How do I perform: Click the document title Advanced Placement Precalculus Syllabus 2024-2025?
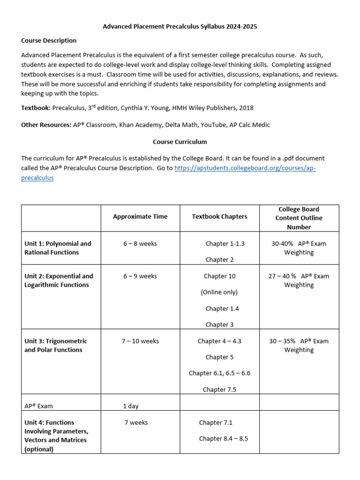(180, 27)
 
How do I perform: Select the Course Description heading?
(49, 40)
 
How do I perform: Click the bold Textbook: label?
(36, 108)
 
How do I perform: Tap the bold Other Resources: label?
(46, 125)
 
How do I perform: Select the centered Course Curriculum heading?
(180, 142)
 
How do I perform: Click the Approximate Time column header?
(140, 217)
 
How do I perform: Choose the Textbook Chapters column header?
(219, 217)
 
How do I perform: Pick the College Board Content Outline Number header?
(299, 218)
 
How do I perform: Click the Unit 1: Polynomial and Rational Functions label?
(58, 248)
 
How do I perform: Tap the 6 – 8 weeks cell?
(140, 244)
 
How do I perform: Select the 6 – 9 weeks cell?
(140, 276)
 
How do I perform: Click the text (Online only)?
(219, 292)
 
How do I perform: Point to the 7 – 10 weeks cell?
(140, 341)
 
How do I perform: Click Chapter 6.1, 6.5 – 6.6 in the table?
(219, 373)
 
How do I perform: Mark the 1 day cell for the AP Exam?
(131, 406)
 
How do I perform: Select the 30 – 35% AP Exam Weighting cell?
(299, 345)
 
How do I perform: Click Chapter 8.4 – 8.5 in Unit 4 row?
(223, 438)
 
